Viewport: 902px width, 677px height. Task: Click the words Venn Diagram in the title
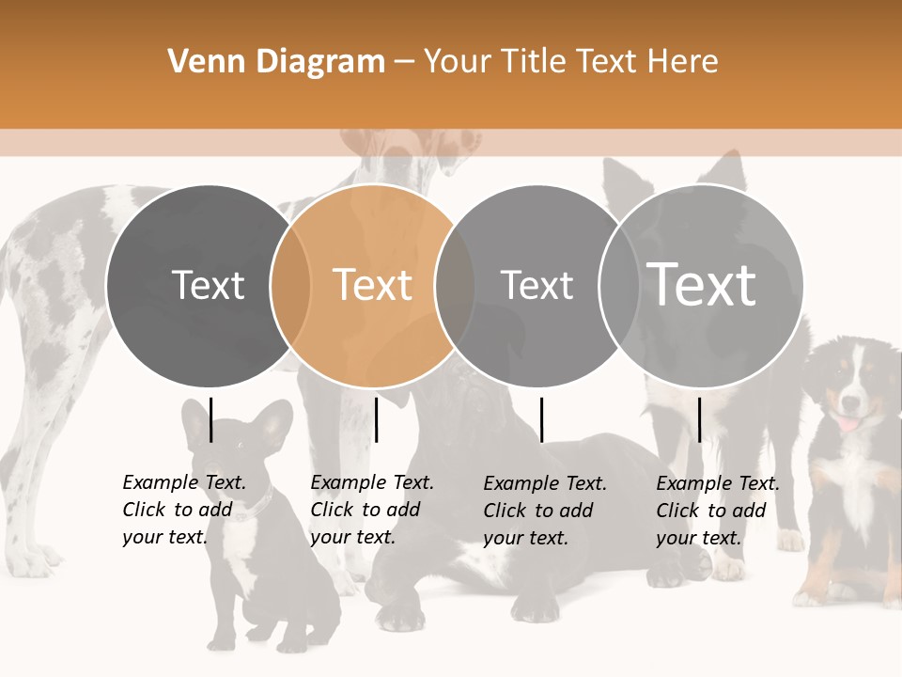(276, 62)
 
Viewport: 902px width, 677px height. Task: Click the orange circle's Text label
(373, 285)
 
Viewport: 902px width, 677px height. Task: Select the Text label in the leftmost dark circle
(208, 285)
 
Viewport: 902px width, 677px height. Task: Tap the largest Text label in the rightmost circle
(702, 285)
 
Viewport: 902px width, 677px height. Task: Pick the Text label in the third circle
(537, 285)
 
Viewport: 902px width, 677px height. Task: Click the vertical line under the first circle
(210, 419)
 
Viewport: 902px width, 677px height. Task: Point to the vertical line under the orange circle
(376, 419)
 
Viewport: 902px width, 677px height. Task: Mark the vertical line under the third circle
(541, 419)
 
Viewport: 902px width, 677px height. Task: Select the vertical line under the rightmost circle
(699, 419)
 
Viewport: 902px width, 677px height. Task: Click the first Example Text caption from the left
(183, 510)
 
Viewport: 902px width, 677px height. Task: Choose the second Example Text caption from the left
(371, 510)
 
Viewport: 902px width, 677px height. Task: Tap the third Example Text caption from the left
(544, 511)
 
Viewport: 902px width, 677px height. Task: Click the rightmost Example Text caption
(717, 511)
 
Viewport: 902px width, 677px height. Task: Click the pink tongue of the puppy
(848, 424)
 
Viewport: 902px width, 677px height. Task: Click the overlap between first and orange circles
(290, 286)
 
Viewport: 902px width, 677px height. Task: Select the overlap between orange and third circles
(455, 286)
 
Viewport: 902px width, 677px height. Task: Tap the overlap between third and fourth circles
(619, 286)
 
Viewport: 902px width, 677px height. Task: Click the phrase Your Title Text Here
(570, 62)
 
